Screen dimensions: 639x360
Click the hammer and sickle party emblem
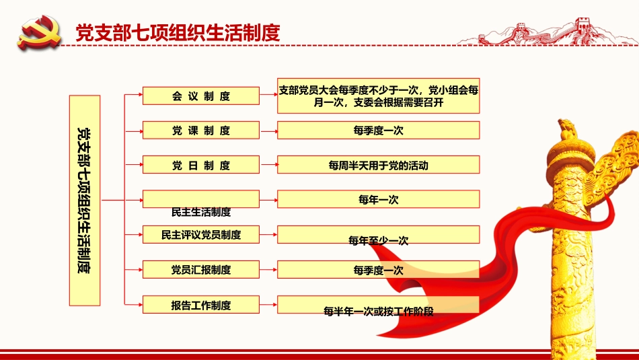click(x=39, y=32)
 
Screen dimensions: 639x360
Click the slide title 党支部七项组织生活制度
click(x=178, y=32)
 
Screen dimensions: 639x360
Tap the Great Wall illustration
click(x=548, y=31)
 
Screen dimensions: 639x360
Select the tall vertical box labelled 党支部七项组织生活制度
click(x=85, y=200)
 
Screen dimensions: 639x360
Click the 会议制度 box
click(x=201, y=96)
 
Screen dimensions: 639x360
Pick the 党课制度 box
click(x=201, y=130)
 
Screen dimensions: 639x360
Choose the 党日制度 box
click(x=201, y=165)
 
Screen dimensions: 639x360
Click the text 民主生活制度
click(x=201, y=212)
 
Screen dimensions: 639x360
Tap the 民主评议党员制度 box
click(x=201, y=234)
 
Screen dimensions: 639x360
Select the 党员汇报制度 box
click(x=201, y=269)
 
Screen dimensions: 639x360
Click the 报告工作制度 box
click(x=201, y=305)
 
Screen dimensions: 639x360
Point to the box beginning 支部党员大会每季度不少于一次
click(x=379, y=96)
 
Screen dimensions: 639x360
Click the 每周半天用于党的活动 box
click(x=379, y=165)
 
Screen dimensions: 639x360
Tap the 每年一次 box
click(x=379, y=199)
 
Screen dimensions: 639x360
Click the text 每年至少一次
click(x=378, y=241)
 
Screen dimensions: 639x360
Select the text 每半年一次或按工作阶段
click(x=379, y=312)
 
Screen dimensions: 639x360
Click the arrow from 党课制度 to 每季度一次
click(x=268, y=131)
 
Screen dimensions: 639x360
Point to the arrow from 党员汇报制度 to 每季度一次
click(x=268, y=269)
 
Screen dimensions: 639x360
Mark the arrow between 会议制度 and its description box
click(x=268, y=95)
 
